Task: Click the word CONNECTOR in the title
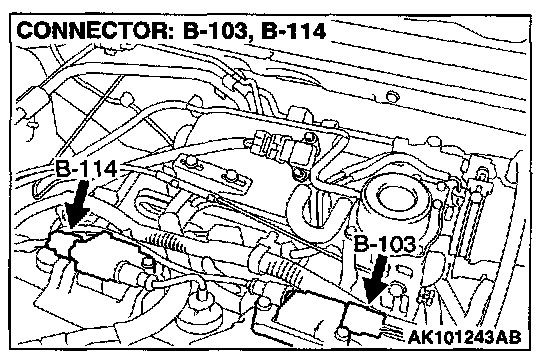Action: (94, 31)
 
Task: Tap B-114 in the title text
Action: (293, 31)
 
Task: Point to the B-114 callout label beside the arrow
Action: (86, 169)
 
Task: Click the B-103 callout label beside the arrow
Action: (385, 244)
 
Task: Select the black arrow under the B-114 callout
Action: (77, 204)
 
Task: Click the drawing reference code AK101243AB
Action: (464, 337)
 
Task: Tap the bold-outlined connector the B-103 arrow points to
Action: (364, 320)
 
